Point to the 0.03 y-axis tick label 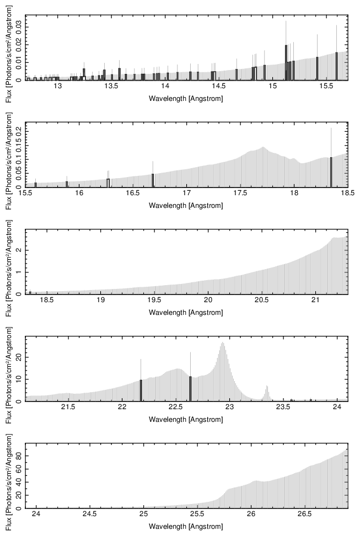pyautogui.click(x=19, y=25)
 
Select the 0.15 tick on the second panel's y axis pyautogui.click(x=19, y=146)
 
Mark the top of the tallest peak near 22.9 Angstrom pyautogui.click(x=222, y=343)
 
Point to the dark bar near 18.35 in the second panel pyautogui.click(x=331, y=173)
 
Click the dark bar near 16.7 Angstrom pyautogui.click(x=153, y=181)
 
